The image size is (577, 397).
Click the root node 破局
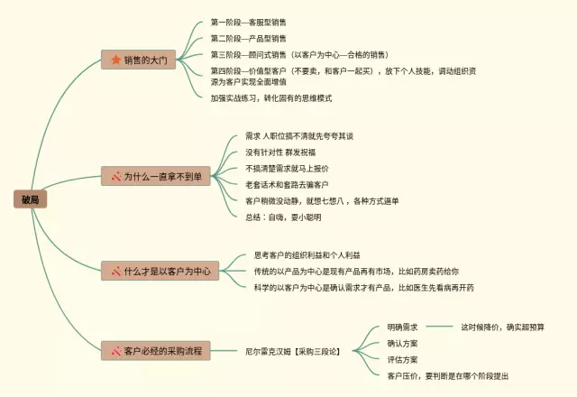(x=30, y=198)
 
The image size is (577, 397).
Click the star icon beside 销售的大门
(x=115, y=60)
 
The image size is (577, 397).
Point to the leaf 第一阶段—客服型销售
(x=249, y=21)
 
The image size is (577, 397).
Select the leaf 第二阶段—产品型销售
(x=249, y=39)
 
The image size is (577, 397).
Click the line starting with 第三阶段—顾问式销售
(x=299, y=55)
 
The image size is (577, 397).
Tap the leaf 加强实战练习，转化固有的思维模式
(x=271, y=97)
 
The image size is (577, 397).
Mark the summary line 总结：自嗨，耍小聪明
(x=283, y=217)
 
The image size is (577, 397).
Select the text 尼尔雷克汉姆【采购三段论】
(x=293, y=349)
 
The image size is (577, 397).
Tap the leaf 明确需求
(x=402, y=326)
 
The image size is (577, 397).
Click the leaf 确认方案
(x=402, y=343)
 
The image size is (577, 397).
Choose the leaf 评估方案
(x=402, y=359)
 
